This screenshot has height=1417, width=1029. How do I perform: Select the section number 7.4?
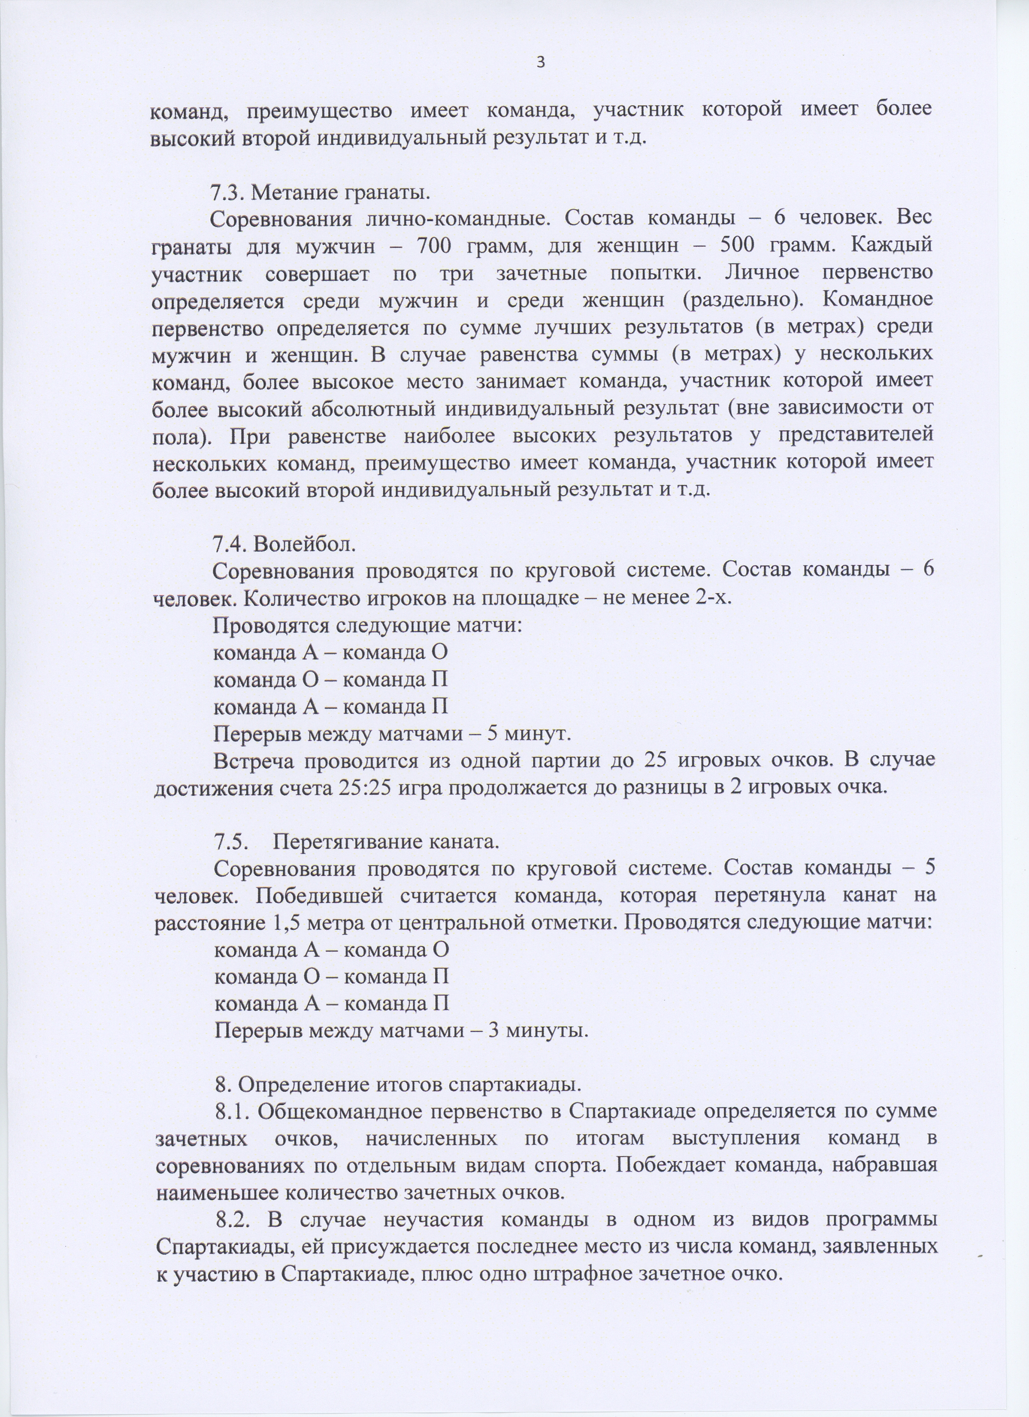pyautogui.click(x=231, y=544)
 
